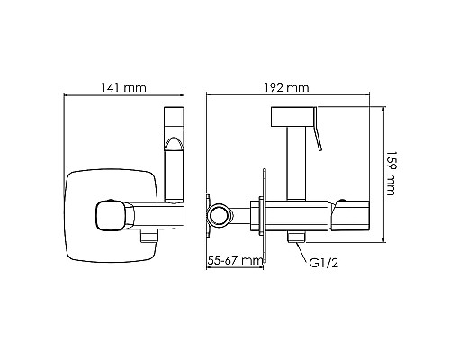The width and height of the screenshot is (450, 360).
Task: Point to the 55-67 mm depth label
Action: click(x=236, y=259)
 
